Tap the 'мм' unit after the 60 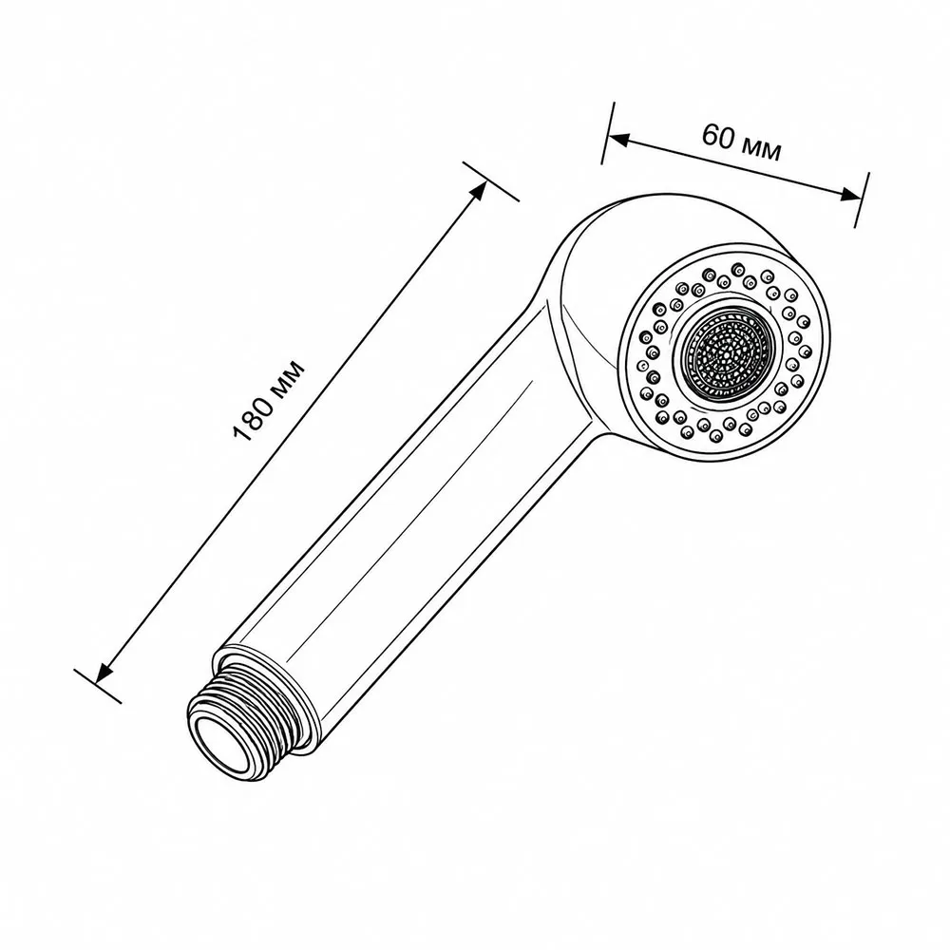click(x=761, y=150)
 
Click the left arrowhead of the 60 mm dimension click(x=617, y=140)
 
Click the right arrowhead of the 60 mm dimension click(x=850, y=194)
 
